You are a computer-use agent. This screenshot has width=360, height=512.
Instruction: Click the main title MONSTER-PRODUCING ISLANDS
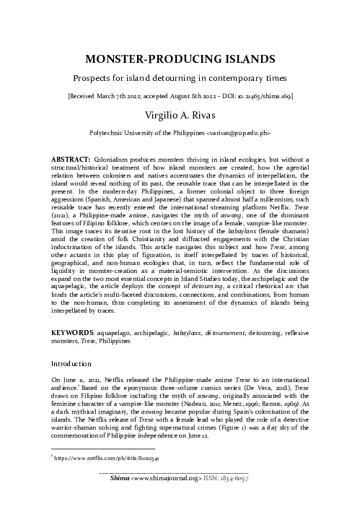click(x=180, y=58)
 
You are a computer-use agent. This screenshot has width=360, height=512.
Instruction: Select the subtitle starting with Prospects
click(x=180, y=77)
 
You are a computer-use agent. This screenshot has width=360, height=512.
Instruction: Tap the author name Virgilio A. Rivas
click(x=180, y=113)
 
